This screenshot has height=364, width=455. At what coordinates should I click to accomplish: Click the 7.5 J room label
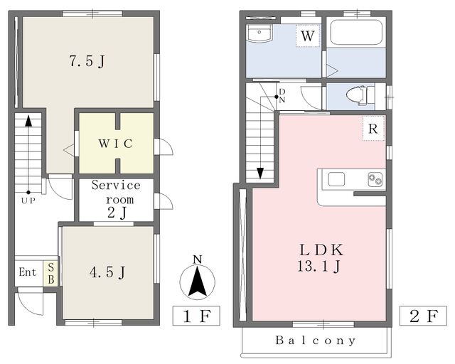[87, 61]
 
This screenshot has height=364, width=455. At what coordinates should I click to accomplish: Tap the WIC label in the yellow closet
[116, 144]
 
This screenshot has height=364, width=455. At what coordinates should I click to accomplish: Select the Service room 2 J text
[117, 199]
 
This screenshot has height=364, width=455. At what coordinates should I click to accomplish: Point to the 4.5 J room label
[107, 272]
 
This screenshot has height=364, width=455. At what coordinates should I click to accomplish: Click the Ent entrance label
[28, 272]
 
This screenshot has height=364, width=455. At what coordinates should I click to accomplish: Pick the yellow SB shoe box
[50, 274]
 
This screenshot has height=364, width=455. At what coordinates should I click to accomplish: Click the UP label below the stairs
[28, 200]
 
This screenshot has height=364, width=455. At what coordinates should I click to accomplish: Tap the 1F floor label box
[196, 316]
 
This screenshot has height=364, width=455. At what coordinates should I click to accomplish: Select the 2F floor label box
[423, 316]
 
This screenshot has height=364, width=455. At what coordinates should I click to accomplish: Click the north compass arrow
[198, 282]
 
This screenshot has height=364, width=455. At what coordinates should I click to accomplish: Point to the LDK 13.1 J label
[320, 258]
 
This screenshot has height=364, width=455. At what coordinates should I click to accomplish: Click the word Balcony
[316, 341]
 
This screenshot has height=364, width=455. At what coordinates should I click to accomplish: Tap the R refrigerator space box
[373, 129]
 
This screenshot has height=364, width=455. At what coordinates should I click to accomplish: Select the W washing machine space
[308, 36]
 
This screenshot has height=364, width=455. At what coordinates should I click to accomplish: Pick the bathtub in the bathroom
[356, 32]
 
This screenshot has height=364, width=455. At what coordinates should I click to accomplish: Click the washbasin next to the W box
[259, 33]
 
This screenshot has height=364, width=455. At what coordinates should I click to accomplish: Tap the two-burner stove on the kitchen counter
[375, 179]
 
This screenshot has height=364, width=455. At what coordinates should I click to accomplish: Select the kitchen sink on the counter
[336, 179]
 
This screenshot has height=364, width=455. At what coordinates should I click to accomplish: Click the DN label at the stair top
[282, 96]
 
